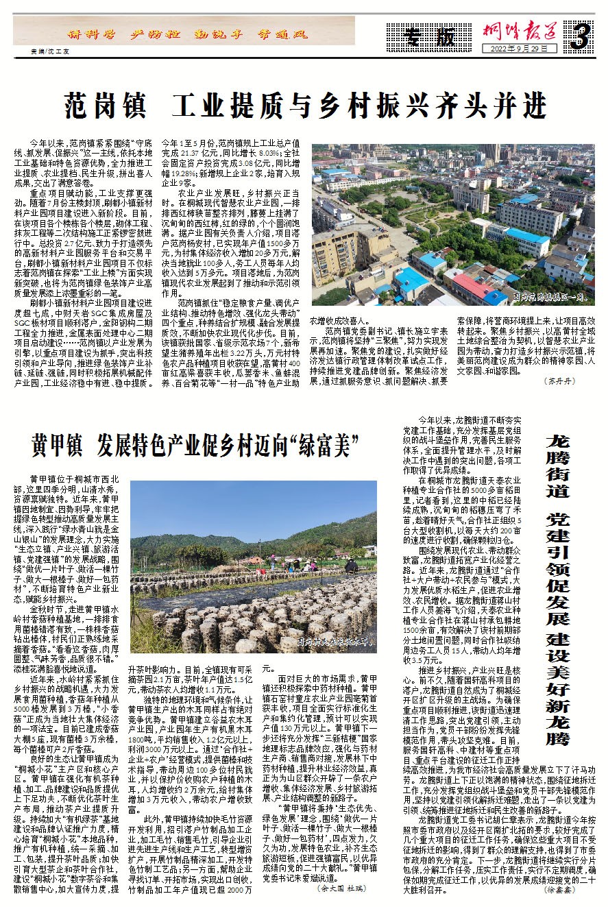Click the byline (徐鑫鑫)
[579, 889]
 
